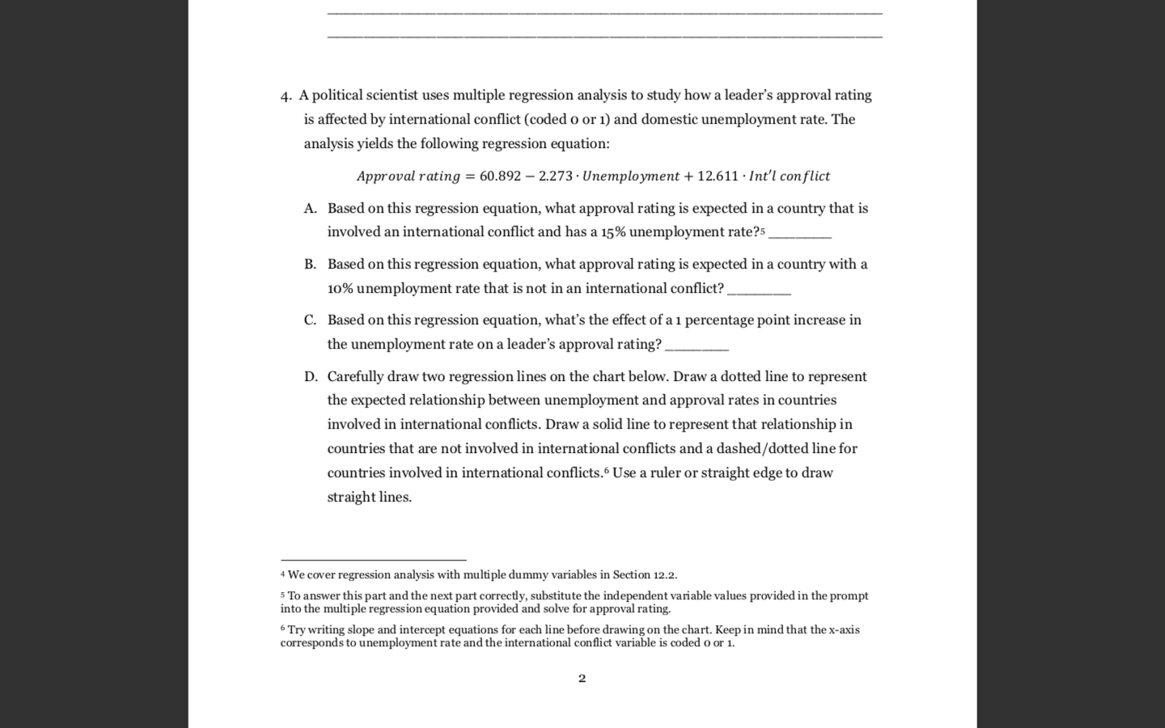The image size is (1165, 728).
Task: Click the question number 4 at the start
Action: click(285, 96)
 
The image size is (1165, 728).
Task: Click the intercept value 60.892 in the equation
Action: click(500, 176)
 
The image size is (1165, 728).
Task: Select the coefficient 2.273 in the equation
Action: click(555, 176)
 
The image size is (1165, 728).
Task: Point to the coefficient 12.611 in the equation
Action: click(718, 176)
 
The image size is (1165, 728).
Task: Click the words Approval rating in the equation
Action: click(408, 176)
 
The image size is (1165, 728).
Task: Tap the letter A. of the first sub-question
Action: click(310, 209)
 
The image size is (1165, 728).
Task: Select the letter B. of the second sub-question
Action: click(310, 265)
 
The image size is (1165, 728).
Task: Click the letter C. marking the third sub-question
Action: click(310, 320)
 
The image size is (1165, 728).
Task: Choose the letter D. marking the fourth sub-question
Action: click(311, 377)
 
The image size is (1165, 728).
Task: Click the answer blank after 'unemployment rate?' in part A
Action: click(799, 235)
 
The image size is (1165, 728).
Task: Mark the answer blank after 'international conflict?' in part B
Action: click(759, 291)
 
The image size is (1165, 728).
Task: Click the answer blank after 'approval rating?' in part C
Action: click(696, 347)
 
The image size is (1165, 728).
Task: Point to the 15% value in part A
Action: click(612, 232)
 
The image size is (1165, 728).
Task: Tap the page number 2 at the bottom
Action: click(582, 678)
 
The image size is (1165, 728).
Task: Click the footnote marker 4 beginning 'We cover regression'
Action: click(283, 574)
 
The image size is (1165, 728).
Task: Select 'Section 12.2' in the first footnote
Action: click(644, 575)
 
